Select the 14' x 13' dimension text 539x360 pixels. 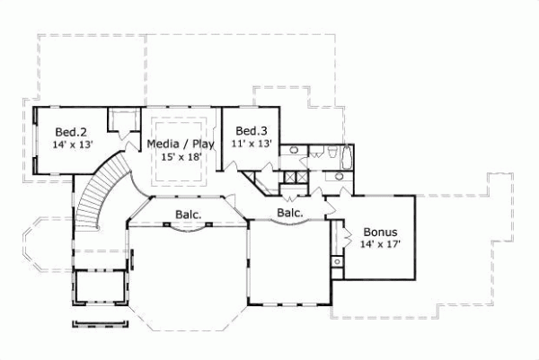[73, 144]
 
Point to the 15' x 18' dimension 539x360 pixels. [181, 156]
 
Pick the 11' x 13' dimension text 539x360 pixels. [253, 143]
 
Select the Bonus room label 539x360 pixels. [378, 231]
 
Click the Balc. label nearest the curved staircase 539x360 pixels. [187, 215]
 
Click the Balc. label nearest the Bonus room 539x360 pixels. [288, 213]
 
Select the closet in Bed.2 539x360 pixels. [120, 121]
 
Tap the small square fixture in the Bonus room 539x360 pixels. [337, 262]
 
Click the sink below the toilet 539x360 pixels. [339, 176]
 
